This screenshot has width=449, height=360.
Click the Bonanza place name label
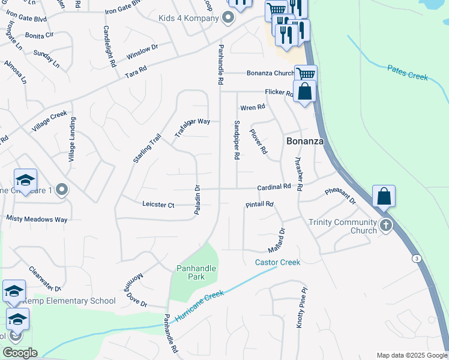305,142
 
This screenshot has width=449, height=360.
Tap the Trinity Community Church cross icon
385,226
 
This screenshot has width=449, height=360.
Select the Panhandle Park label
191,272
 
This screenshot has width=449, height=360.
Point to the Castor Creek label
277,262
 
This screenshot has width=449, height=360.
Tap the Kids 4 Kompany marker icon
228,18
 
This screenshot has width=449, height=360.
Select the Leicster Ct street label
158,205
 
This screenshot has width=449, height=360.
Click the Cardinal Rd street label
274,187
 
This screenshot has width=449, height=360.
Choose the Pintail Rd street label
259,205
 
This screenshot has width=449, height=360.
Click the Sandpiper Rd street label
237,139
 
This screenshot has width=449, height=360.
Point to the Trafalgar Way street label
193,127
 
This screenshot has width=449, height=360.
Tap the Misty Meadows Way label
37,220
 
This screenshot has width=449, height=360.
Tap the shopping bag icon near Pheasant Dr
384,196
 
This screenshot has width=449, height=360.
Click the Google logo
20,353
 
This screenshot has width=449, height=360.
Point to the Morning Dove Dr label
136,290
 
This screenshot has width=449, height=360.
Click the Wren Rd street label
252,107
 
